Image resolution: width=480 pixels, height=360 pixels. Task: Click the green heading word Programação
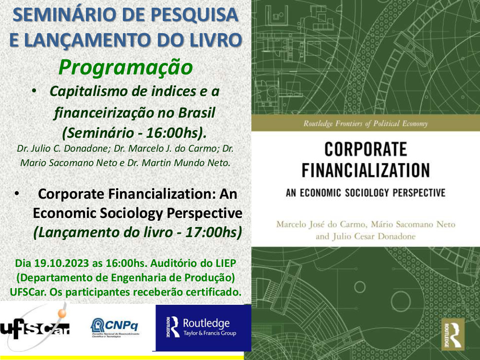click(x=125, y=67)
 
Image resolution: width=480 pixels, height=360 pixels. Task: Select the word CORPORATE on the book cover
click(x=365, y=150)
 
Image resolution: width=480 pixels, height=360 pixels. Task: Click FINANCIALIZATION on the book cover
click(x=365, y=171)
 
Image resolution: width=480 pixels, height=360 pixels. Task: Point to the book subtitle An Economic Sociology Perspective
click(x=365, y=193)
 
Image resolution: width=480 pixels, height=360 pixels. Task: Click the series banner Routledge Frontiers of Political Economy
click(x=365, y=124)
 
